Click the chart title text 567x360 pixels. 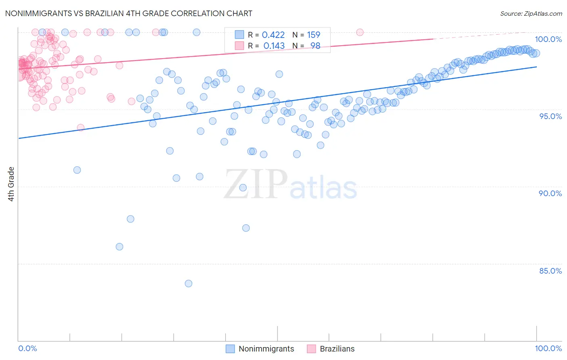129,13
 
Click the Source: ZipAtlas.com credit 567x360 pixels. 531,13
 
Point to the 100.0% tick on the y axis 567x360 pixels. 548,39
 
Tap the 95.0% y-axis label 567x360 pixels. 550,116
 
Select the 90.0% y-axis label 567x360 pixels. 550,193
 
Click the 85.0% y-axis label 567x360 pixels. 550,271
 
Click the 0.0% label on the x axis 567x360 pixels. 27,348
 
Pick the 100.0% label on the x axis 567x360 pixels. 548,348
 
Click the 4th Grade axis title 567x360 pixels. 11,184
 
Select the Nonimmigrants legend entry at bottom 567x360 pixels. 266,349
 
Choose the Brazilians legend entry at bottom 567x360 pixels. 337,349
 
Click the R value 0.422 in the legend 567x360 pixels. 273,35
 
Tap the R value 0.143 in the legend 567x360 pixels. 274,46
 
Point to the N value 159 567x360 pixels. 313,35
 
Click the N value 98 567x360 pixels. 315,46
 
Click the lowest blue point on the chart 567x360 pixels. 188,283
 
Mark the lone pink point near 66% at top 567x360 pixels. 360,32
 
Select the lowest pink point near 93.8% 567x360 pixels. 81,128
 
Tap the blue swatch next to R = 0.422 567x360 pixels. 239,35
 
